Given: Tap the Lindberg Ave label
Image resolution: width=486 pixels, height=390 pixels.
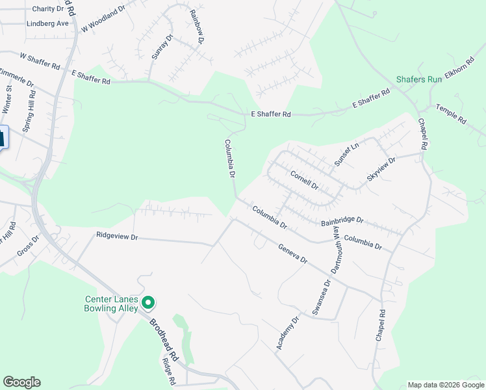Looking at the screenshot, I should (47, 23).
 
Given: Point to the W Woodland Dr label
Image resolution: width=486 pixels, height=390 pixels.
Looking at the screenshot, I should (103, 21).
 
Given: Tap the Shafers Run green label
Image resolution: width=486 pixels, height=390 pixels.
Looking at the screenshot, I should (419, 80).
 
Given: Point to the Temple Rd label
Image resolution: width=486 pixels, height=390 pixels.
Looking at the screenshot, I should (451, 114).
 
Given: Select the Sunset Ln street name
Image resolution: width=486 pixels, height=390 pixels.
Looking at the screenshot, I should (346, 154).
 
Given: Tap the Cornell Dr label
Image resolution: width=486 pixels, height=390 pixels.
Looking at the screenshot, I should (304, 180).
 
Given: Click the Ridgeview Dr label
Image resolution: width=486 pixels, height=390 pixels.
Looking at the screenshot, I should (117, 237).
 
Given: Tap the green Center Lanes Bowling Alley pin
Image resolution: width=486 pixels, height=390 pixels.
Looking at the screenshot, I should (148, 302).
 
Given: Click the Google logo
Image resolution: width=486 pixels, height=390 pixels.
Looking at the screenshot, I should (21, 382).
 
